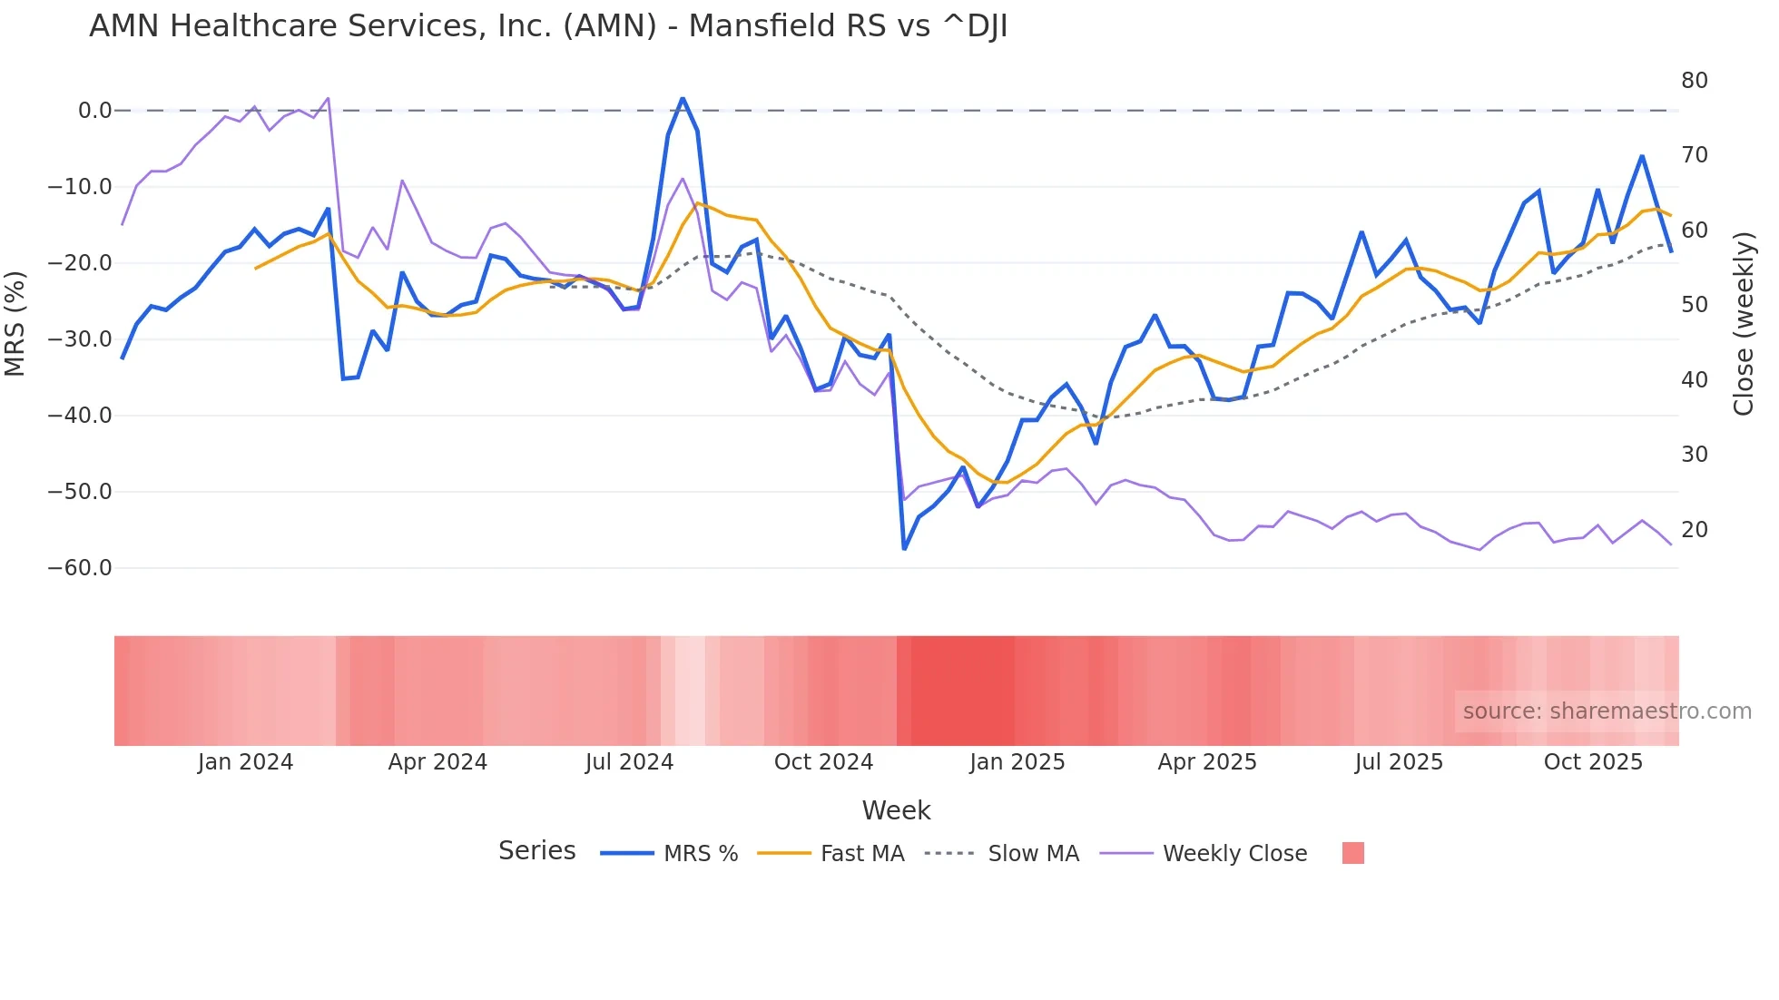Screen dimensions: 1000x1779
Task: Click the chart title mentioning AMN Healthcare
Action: point(548,26)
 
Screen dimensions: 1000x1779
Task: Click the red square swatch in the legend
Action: point(1352,853)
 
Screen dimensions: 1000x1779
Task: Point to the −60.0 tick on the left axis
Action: point(80,568)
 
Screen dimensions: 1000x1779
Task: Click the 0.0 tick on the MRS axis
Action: point(94,111)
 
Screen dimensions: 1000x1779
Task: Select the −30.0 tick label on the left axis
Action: point(80,339)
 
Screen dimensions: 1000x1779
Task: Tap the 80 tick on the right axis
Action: point(1694,81)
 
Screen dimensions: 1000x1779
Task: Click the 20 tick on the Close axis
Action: point(1694,529)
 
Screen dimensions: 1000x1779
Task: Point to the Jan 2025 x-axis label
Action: point(1017,762)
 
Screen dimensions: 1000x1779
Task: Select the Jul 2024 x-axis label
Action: point(629,762)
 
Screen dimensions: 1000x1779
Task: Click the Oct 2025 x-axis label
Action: point(1593,762)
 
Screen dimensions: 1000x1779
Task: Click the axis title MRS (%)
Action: point(15,324)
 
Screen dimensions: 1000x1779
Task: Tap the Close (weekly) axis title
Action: point(1743,324)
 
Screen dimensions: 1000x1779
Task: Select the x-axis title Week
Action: point(896,810)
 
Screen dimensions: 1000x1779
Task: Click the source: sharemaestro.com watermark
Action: point(1607,711)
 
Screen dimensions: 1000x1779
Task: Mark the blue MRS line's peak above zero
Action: point(683,98)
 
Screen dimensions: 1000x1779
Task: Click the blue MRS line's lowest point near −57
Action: point(904,549)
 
